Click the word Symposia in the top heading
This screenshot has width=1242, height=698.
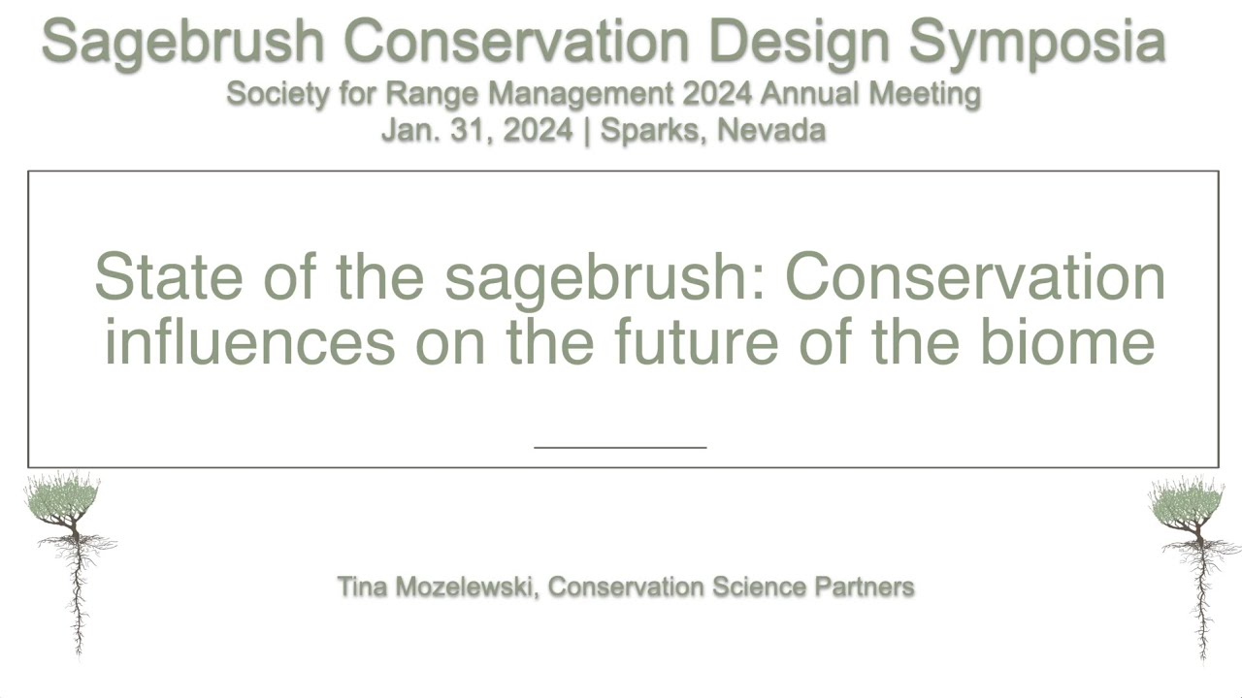pos(1036,42)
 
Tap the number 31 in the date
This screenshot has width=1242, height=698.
pos(461,130)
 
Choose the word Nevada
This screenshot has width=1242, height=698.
pos(771,130)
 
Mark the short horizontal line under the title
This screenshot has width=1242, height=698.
pos(620,448)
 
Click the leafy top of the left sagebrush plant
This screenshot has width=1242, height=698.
pos(62,497)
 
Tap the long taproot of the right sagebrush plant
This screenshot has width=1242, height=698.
pos(1201,601)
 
